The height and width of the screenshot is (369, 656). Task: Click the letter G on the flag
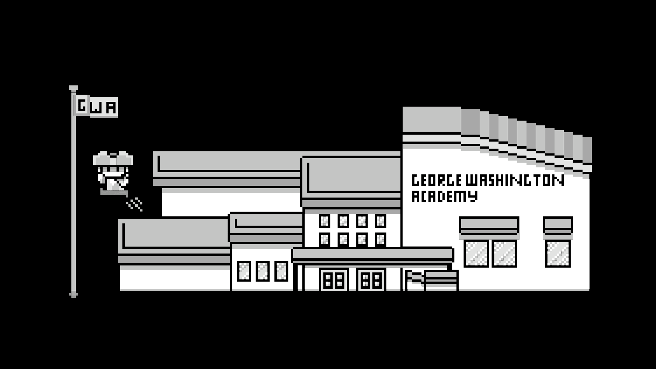(82, 106)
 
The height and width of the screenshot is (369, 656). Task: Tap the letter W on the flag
(97, 108)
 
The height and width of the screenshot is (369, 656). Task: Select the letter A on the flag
(111, 108)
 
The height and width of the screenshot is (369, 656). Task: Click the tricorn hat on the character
(113, 159)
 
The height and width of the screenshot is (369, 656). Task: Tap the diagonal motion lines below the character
(135, 204)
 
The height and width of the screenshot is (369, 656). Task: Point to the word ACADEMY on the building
(444, 196)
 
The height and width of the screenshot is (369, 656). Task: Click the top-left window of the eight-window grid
(324, 221)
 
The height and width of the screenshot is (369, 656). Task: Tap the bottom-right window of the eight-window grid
(380, 240)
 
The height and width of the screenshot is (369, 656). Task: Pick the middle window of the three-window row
(262, 271)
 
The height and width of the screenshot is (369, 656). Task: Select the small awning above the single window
(558, 225)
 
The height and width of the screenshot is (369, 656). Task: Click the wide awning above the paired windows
(489, 225)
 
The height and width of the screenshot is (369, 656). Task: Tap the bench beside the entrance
(441, 280)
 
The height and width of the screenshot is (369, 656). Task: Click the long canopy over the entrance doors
(372, 255)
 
